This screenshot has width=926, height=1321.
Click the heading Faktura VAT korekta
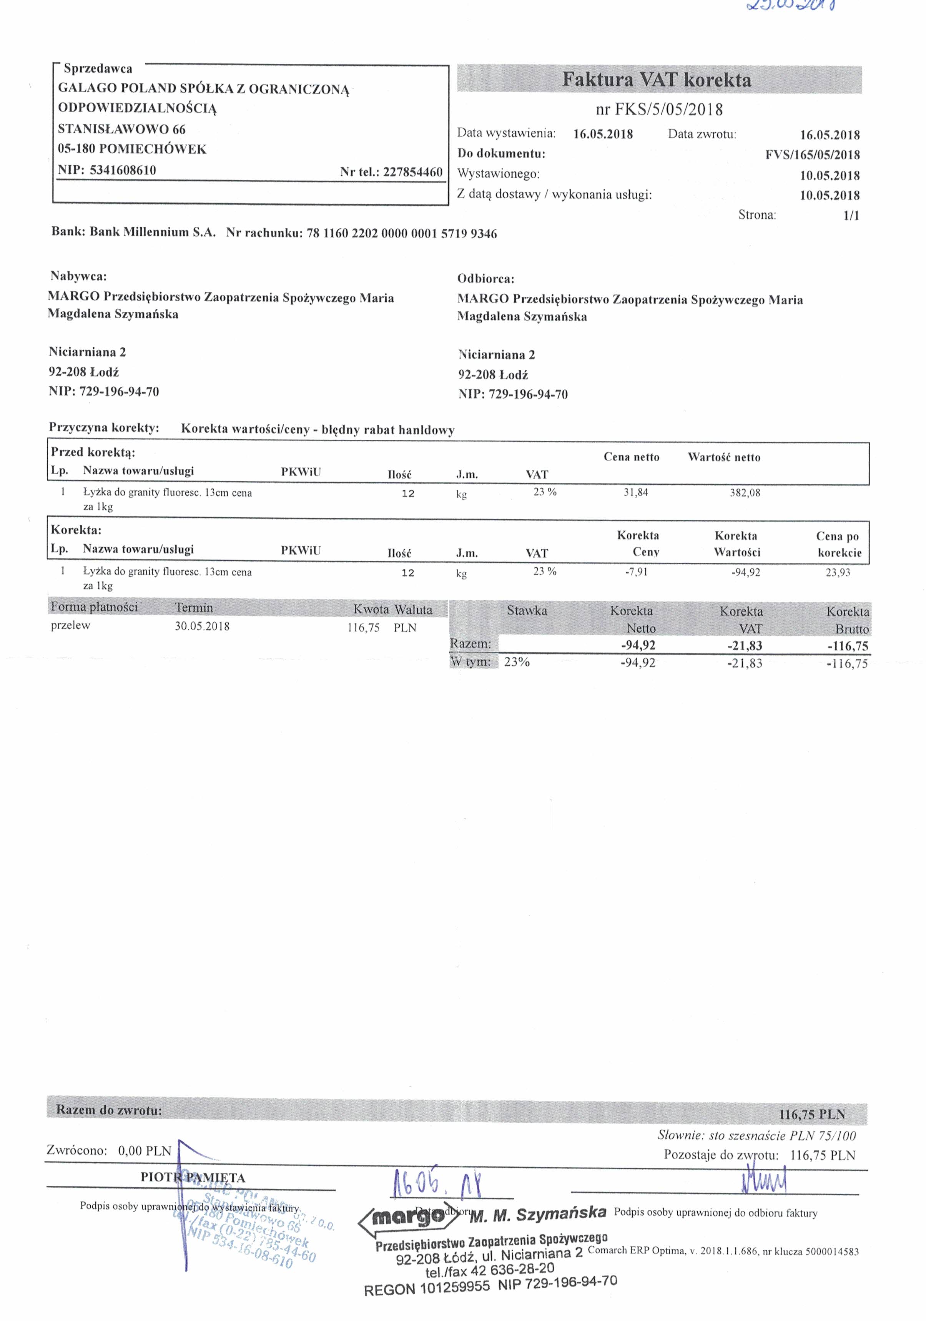656,80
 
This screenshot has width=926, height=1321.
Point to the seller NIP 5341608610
123,170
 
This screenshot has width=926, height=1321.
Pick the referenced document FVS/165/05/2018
812,155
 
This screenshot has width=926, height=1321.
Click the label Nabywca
78,276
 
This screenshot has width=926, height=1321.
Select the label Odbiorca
485,279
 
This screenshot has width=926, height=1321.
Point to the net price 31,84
635,492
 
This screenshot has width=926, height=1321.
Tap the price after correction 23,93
837,572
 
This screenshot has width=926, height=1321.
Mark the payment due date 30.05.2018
202,626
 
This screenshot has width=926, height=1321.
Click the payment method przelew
70,625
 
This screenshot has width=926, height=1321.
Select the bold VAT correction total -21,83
744,646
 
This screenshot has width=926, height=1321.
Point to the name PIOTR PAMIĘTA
193,1177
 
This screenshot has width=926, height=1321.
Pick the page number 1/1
851,216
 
